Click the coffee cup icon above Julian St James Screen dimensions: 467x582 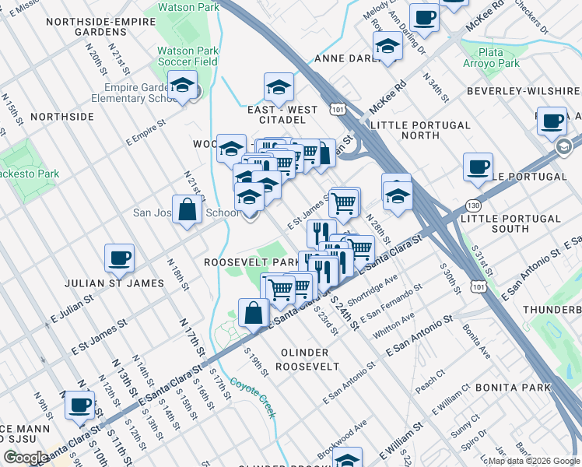tap(119, 258)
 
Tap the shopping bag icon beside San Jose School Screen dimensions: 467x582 tap(188, 210)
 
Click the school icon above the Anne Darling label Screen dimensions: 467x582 tap(387, 47)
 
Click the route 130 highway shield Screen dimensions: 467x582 tap(472, 204)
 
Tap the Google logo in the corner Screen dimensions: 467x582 tap(26, 458)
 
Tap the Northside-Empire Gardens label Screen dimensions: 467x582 tap(96, 27)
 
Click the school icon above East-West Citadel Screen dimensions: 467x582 tap(279, 89)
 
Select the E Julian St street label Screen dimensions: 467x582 tap(72, 308)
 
